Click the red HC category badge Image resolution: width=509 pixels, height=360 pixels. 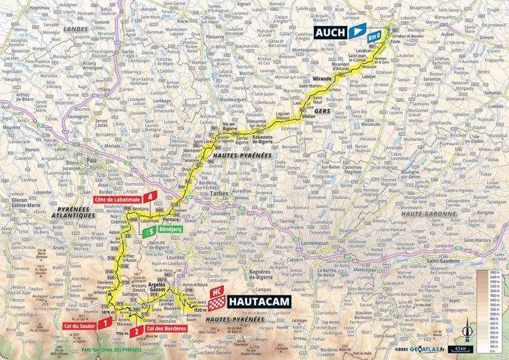215,291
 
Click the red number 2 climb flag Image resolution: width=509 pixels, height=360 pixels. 135,331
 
